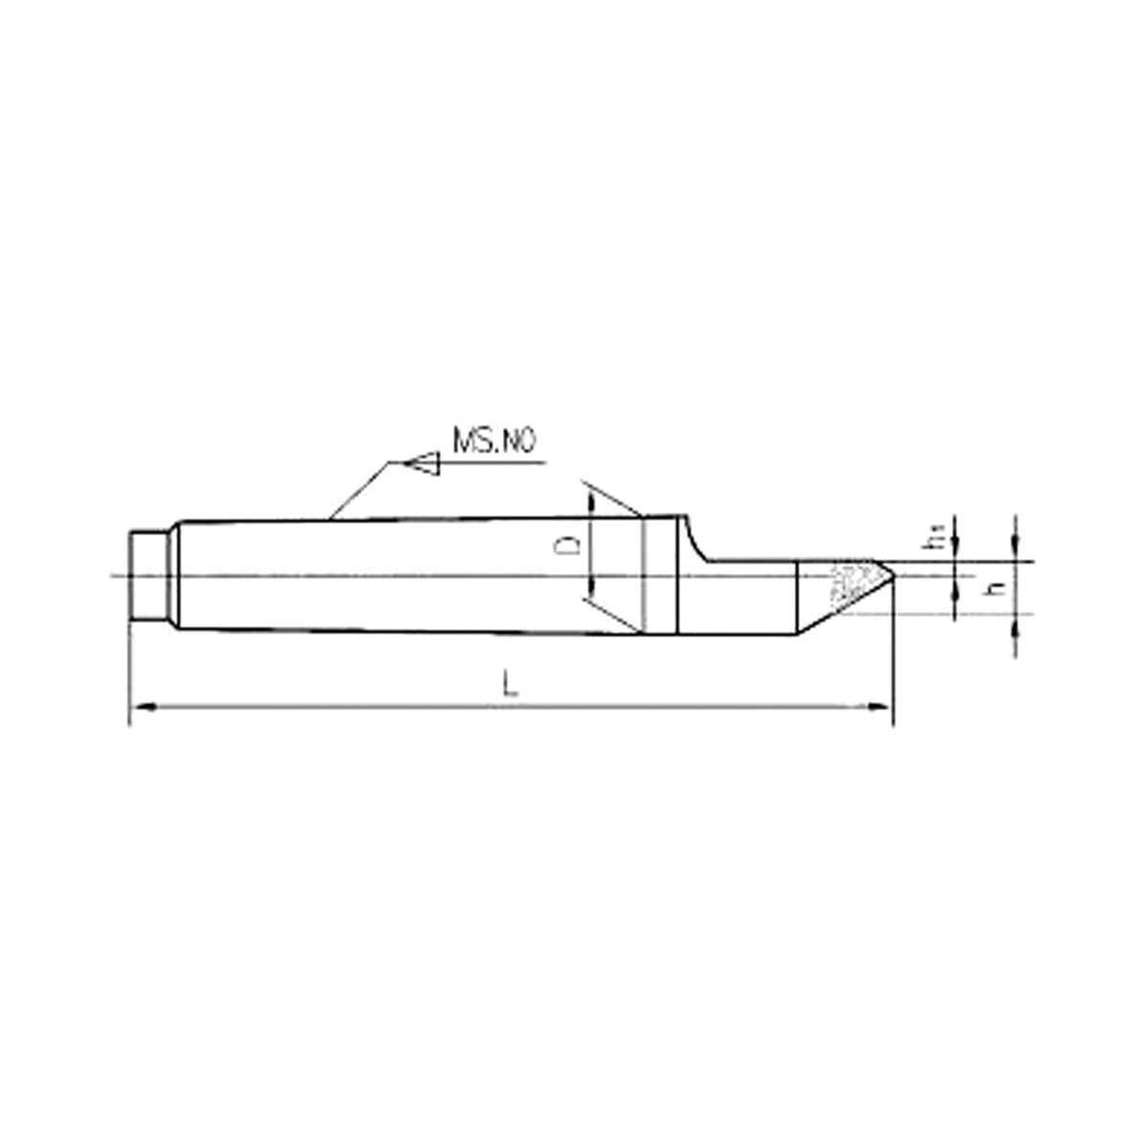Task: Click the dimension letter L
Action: [x=513, y=685]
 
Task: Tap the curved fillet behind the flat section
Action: [x=695, y=546]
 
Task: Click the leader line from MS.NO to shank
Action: [x=359, y=490]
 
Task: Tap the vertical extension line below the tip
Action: [x=893, y=670]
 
